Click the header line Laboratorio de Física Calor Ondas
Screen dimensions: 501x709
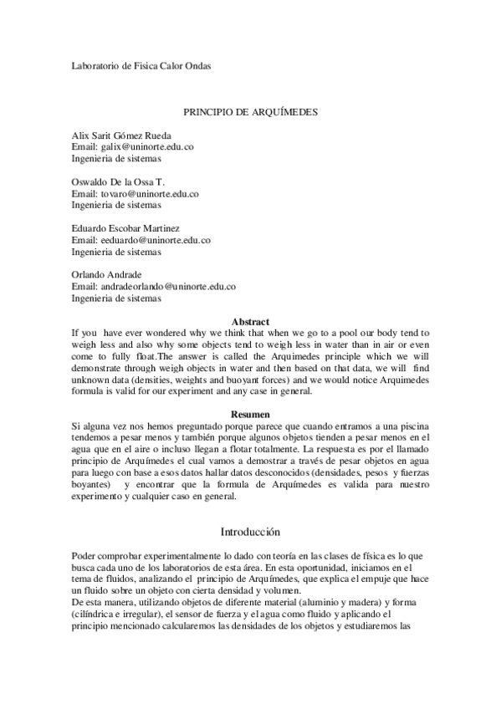point(141,66)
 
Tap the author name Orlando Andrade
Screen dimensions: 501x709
point(106,274)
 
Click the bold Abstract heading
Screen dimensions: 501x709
point(250,321)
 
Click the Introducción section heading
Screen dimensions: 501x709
point(250,532)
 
